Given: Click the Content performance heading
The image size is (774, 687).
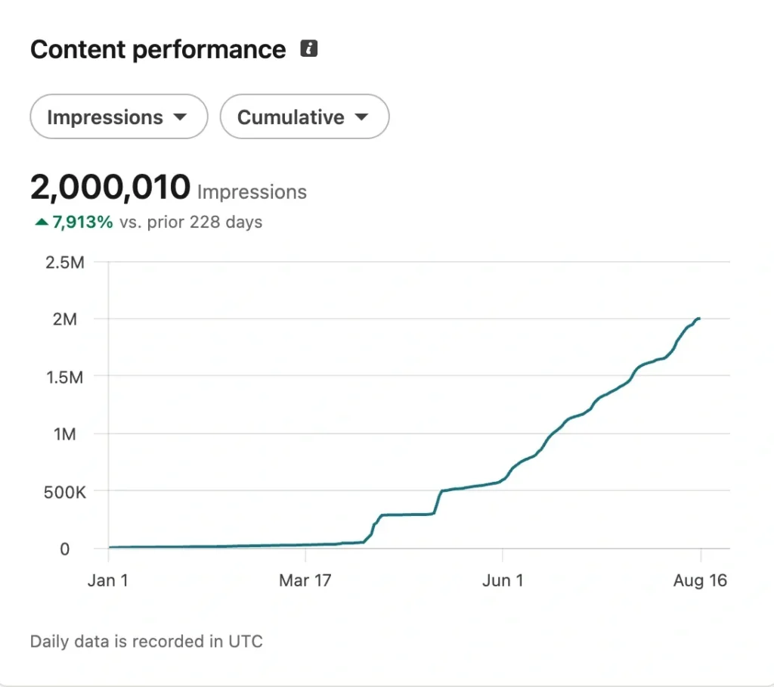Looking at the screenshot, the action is point(158,50).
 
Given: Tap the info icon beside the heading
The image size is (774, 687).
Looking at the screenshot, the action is point(309,48).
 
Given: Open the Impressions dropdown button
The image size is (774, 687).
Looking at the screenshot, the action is point(119,117).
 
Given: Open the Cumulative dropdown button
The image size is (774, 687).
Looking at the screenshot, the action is point(305,117).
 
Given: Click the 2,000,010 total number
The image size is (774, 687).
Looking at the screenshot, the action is point(110,188).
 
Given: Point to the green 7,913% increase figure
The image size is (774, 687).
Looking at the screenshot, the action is point(83,222).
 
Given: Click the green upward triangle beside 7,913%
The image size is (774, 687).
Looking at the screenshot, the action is point(42,222).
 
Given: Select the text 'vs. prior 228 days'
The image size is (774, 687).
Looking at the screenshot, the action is point(191,222).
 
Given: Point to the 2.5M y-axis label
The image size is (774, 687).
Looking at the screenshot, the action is point(65,263).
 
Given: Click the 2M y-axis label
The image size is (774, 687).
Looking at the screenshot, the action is point(65,319).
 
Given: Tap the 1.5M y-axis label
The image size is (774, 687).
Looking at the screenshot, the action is point(65,378).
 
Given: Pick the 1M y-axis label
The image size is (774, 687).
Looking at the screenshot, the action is point(65,434).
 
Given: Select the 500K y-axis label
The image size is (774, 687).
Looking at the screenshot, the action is point(65,493).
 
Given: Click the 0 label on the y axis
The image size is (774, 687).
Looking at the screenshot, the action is point(65,549).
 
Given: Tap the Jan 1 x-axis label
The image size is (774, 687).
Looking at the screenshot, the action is point(108,580).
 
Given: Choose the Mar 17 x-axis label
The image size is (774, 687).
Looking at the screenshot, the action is point(305,580).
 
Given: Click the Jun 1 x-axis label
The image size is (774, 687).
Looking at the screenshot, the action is point(503,580).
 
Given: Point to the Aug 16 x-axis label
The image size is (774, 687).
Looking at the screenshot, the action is point(700,580).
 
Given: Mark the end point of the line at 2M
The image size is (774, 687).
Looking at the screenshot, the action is point(699,319).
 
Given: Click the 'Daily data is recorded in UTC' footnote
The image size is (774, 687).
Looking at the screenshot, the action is point(147,642).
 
